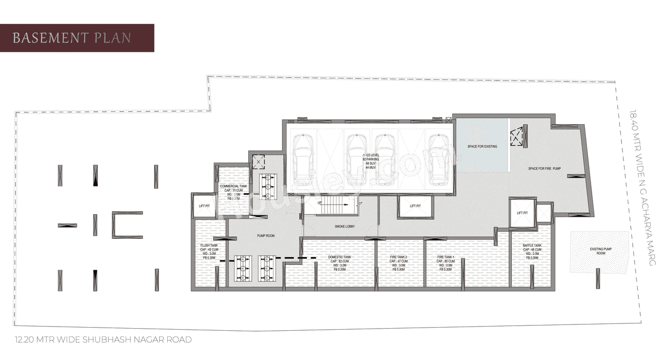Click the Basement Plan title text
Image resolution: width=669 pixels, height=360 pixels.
72,38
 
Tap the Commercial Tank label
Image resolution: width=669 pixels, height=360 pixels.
233,186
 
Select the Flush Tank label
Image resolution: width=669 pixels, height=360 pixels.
209,245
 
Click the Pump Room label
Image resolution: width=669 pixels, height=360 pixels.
266,236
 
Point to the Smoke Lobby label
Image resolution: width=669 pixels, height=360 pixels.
345,227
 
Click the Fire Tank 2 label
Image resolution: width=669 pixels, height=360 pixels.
398,257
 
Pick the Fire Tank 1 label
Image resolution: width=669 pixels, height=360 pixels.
446,257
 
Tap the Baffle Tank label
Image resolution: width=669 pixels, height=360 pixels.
532,246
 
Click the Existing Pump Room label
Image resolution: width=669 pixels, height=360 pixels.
597,251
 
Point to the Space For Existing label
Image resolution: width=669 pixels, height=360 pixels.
482,146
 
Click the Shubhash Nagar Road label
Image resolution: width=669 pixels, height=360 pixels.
103,340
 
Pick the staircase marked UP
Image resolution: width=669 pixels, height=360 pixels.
331,205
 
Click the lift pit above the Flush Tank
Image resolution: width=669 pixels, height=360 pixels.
204,206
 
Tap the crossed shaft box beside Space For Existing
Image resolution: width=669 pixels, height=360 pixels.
517,137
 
